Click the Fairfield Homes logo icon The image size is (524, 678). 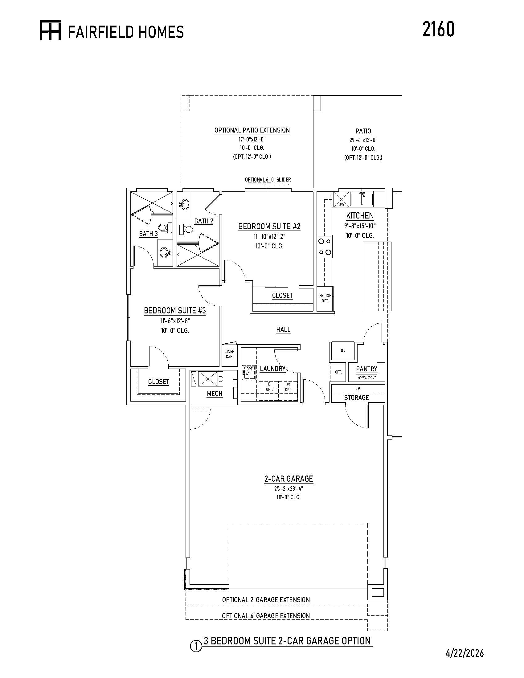pyautogui.click(x=50, y=30)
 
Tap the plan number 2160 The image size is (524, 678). pyautogui.click(x=438, y=30)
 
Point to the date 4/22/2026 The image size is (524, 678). pyautogui.click(x=465, y=653)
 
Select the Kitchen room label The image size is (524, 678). pyautogui.click(x=360, y=215)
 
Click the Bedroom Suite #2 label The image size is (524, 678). pyautogui.click(x=269, y=227)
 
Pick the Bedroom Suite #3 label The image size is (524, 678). pyautogui.click(x=175, y=311)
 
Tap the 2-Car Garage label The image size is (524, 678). pyautogui.click(x=289, y=479)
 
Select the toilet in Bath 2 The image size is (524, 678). pyautogui.click(x=186, y=229)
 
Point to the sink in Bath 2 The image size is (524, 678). pyautogui.click(x=184, y=205)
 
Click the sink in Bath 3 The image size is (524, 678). pyautogui.click(x=165, y=253)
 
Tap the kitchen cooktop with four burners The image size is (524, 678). pyautogui.click(x=324, y=246)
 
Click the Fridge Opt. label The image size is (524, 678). pyautogui.click(x=325, y=298)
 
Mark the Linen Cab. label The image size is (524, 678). pyautogui.click(x=229, y=354)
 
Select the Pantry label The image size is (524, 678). pyautogui.click(x=366, y=369)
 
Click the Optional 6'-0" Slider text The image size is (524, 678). pyautogui.click(x=268, y=180)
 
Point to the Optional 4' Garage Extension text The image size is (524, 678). pyautogui.click(x=266, y=616)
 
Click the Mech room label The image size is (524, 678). pyautogui.click(x=215, y=394)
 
